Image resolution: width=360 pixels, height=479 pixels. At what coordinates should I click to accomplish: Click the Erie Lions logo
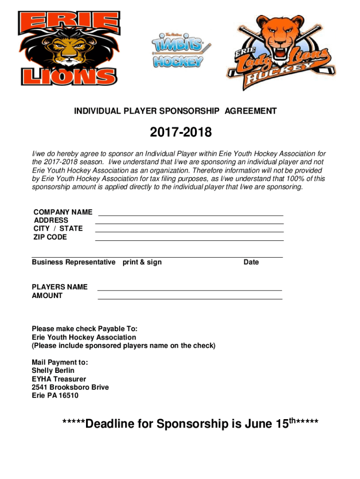pyautogui.click(x=68, y=48)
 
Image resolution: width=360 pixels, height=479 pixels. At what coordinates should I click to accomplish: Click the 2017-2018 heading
pyautogui.click(x=180, y=133)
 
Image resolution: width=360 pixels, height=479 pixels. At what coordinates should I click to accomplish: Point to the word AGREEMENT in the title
pyautogui.click(x=251, y=111)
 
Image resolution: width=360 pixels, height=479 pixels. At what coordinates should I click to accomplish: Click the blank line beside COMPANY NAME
pyautogui.click(x=190, y=215)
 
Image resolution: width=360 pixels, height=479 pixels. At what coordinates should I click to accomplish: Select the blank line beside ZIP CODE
pyautogui.click(x=190, y=240)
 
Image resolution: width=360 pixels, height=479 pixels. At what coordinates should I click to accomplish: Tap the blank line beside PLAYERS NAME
pyautogui.click(x=190, y=290)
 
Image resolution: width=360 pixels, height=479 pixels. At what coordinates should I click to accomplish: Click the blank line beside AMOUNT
pyautogui.click(x=190, y=298)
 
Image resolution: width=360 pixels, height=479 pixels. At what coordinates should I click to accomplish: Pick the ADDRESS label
pyautogui.click(x=51, y=220)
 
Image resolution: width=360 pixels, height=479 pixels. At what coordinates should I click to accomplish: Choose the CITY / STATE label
pyautogui.click(x=58, y=229)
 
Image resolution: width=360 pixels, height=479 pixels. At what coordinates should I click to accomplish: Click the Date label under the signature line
pyautogui.click(x=251, y=262)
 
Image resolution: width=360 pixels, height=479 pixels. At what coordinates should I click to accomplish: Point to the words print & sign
pyautogui.click(x=142, y=262)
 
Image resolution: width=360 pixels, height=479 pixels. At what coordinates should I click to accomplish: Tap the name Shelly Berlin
pyautogui.click(x=53, y=370)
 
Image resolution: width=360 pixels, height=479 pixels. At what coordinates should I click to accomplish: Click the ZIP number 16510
pyautogui.click(x=69, y=396)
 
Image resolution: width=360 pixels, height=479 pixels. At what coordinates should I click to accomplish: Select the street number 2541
pyautogui.click(x=39, y=387)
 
